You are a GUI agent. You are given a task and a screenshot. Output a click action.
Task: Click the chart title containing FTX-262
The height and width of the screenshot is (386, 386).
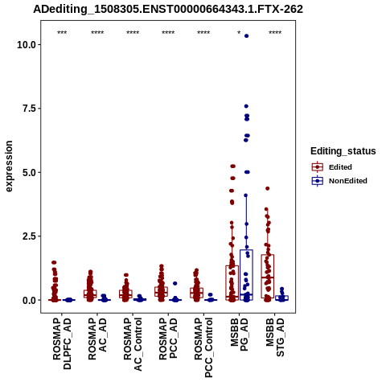tap(168, 10)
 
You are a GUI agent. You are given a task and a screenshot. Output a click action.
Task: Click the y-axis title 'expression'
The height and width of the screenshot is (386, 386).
tap(9, 166)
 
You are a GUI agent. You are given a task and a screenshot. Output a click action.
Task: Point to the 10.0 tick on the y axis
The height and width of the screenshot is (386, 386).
tap(27, 44)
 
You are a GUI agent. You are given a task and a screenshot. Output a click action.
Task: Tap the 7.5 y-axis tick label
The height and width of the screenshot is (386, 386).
tap(30, 109)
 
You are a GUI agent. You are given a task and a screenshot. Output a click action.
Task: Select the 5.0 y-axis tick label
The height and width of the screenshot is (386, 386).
tap(30, 172)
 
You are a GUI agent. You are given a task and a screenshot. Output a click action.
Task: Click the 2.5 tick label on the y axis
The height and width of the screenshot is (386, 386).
tap(30, 236)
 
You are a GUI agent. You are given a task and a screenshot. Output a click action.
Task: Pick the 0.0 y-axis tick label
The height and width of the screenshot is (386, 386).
tap(30, 300)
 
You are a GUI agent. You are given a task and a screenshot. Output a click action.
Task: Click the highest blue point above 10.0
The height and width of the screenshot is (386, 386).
tap(246, 36)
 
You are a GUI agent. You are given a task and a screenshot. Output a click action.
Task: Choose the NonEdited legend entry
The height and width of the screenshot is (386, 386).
tap(339, 181)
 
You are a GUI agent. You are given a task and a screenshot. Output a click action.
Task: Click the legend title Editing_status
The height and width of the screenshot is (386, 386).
tap(343, 151)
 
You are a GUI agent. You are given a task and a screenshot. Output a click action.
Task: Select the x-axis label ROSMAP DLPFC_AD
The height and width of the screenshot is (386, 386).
tap(62, 343)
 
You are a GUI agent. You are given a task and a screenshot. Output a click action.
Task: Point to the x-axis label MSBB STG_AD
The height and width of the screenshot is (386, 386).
tap(275, 337)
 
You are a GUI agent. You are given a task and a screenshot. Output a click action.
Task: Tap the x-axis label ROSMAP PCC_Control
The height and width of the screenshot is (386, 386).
tap(203, 347)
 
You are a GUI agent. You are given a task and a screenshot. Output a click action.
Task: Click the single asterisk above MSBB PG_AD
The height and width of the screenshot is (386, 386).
tap(239, 33)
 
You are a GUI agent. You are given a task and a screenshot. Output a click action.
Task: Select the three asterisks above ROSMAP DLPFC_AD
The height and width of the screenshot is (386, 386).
tap(62, 33)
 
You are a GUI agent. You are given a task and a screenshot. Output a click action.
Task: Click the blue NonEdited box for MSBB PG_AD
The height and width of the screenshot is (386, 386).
tap(246, 275)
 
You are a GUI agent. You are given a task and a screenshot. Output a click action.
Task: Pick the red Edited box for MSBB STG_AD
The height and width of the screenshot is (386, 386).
tap(268, 276)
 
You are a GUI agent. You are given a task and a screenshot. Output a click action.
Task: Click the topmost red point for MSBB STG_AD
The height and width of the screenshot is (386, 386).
tap(267, 188)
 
